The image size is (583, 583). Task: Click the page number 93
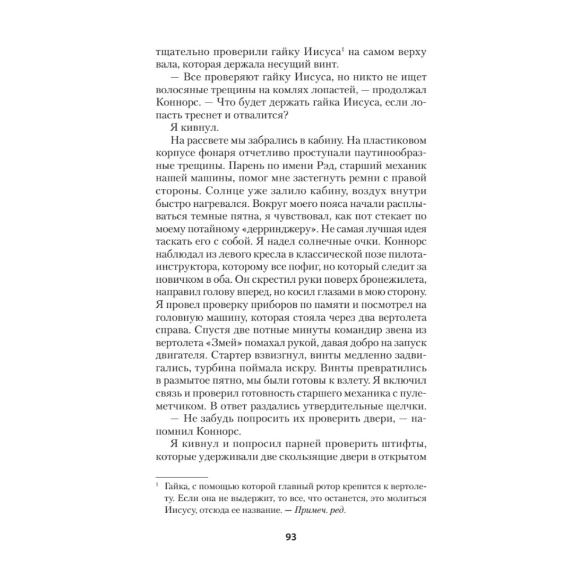point(291,537)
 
